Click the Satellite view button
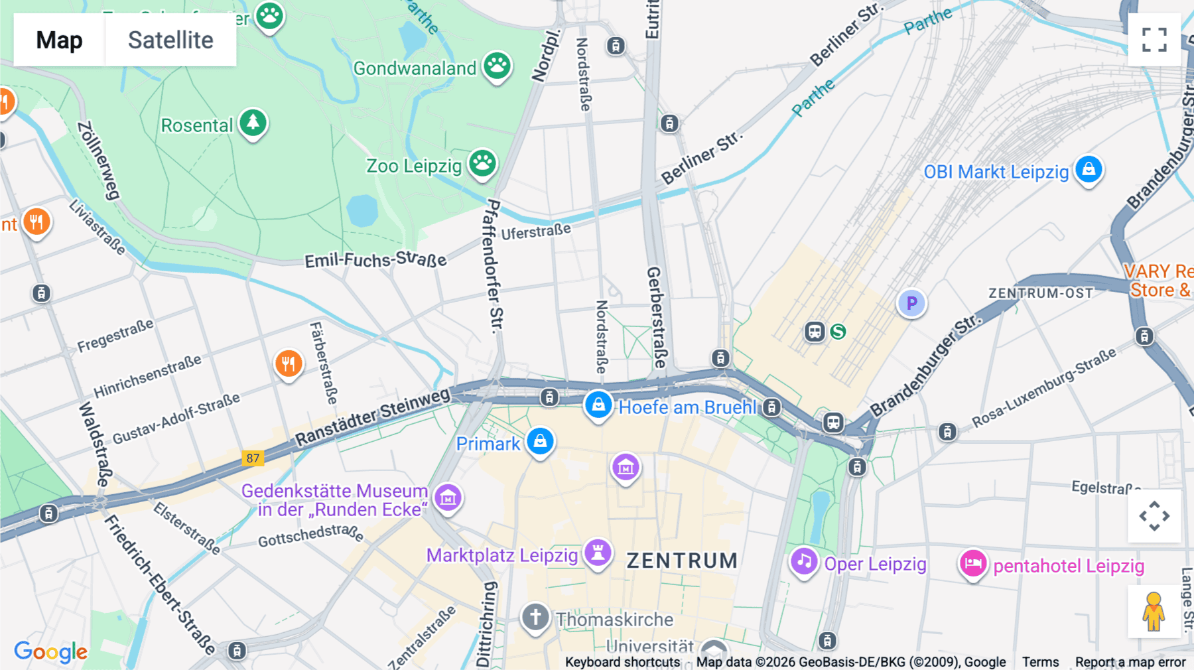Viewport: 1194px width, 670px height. pyautogui.click(x=170, y=40)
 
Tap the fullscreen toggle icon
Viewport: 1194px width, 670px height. pyautogui.click(x=1154, y=40)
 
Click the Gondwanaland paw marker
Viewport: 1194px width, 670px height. pyautogui.click(x=497, y=66)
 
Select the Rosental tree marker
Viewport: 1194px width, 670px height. pyautogui.click(x=253, y=123)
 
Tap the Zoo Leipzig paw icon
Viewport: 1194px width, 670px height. pyautogui.click(x=482, y=163)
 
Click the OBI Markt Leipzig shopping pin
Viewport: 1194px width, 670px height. pyautogui.click(x=1089, y=170)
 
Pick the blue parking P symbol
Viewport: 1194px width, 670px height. pyautogui.click(x=911, y=303)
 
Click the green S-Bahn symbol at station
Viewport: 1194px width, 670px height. pyautogui.click(x=838, y=332)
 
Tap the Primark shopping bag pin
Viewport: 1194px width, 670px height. pyautogui.click(x=540, y=442)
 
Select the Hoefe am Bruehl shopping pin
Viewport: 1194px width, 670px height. pyautogui.click(x=598, y=405)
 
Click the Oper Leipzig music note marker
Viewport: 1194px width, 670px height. pyautogui.click(x=804, y=562)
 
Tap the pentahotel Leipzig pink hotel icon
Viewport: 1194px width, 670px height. pyautogui.click(x=973, y=565)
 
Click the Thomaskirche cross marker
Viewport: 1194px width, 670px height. pyautogui.click(x=535, y=618)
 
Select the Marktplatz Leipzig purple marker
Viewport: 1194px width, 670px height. pyautogui.click(x=598, y=553)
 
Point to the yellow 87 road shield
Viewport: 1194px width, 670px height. pyautogui.click(x=253, y=458)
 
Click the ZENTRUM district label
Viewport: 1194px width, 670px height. pyautogui.click(x=682, y=561)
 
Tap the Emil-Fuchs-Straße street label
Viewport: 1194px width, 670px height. pyautogui.click(x=375, y=259)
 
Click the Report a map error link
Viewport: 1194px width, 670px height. pyautogui.click(x=1130, y=662)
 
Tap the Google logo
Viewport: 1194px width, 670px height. pyautogui.click(x=50, y=652)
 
